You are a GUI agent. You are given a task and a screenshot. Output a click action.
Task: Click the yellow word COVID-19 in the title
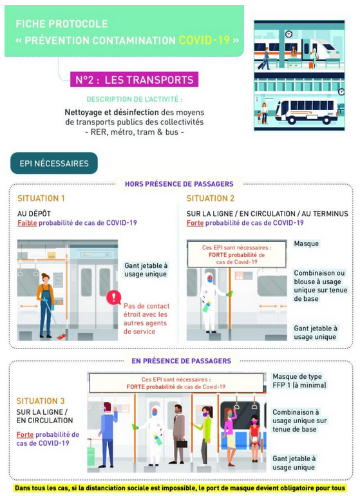tap(204, 40)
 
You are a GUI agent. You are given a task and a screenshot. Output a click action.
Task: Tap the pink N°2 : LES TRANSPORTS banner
tap(134, 79)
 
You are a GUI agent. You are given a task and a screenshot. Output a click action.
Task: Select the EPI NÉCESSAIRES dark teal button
tap(54, 163)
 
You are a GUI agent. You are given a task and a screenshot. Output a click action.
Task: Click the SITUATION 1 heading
tap(41, 198)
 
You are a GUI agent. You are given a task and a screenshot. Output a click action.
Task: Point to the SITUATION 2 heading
tap(211, 198)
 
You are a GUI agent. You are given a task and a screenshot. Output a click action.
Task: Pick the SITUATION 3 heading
tap(41, 401)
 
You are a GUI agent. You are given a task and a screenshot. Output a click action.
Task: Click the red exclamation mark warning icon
tap(113, 298)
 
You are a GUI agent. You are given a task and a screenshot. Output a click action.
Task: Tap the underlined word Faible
tap(27, 223)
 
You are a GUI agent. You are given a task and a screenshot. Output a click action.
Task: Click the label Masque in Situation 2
tap(306, 243)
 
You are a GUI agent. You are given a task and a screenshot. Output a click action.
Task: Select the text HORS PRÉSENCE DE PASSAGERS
tap(179, 184)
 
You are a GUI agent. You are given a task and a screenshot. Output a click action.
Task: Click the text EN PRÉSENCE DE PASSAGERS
tap(181, 361)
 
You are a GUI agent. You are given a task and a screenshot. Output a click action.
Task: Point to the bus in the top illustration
tap(307, 111)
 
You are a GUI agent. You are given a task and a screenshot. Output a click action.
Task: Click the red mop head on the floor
tap(61, 337)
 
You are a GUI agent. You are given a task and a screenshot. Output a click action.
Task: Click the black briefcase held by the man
tap(182, 443)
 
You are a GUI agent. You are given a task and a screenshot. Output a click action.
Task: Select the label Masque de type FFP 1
tap(299, 381)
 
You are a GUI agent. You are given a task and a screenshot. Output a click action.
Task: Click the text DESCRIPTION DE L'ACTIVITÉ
tap(135, 99)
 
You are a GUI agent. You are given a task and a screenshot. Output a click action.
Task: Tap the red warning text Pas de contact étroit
tap(146, 319)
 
